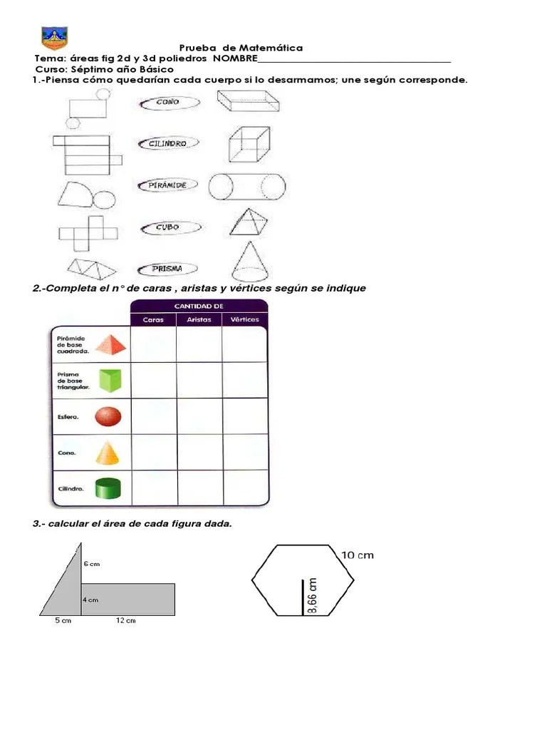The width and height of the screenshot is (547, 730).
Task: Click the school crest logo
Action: pos(54,38)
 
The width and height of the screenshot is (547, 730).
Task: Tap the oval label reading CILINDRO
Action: pos(168,143)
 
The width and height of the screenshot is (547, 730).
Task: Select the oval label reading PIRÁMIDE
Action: pos(167,185)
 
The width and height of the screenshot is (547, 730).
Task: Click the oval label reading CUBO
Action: pos(171,227)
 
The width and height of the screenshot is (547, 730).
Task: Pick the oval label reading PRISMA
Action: pos(167,269)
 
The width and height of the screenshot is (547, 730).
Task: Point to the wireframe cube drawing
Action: pos(249,144)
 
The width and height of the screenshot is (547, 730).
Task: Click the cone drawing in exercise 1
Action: pos(250,261)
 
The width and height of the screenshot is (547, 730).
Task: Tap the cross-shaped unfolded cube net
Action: pos(88,233)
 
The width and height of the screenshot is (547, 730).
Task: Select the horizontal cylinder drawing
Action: pos(247,187)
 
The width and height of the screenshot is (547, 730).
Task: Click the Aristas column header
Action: pos(199,319)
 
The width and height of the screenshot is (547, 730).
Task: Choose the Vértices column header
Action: pos(245,319)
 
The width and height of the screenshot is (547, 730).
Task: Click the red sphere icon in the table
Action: pos(108,416)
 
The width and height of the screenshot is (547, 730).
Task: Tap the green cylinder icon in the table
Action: pos(108,489)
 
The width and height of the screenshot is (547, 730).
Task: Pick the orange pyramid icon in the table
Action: pos(110,344)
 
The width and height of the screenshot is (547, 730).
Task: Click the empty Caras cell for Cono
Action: pos(154,452)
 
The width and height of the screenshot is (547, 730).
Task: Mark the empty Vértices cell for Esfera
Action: pos(245,416)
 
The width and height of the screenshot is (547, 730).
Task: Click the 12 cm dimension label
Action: pos(126,621)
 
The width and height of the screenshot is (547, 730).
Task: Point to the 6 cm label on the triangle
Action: pos(92,564)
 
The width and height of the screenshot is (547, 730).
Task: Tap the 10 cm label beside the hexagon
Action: pos(358,555)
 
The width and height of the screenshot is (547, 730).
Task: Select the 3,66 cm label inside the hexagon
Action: pos(313,596)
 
